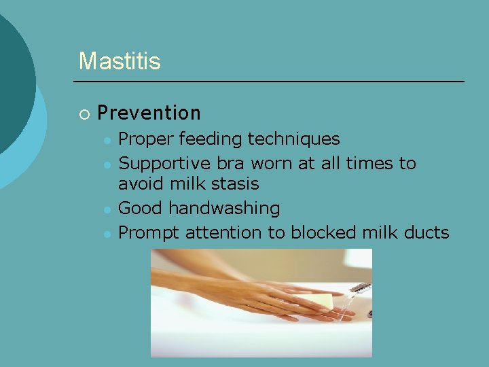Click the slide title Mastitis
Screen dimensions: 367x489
coord(120,61)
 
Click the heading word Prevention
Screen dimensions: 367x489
coord(149,113)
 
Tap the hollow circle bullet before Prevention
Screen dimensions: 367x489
coord(84,113)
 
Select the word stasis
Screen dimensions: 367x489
coord(234,184)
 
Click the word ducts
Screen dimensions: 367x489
coord(427,232)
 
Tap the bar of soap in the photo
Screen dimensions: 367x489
coord(318,302)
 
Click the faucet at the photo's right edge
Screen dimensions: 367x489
coord(362,288)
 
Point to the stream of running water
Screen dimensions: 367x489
coord(348,304)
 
